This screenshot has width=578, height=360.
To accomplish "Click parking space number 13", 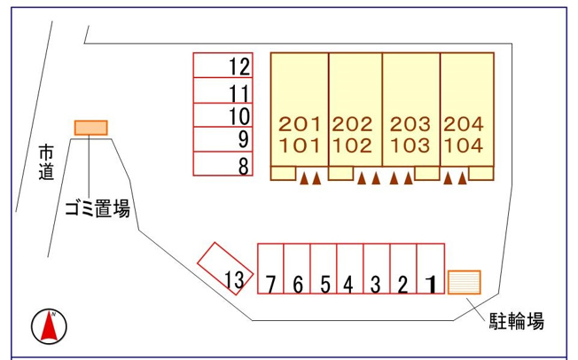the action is point(225,269).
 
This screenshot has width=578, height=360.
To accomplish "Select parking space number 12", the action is point(223,66).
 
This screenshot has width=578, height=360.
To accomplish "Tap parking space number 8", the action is point(223,163).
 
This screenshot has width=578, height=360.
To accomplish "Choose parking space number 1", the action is point(431,269).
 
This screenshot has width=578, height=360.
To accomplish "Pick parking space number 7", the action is point(270,269).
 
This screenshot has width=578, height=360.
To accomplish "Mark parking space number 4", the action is point(350,269).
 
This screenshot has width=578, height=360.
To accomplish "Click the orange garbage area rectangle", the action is point(91,128).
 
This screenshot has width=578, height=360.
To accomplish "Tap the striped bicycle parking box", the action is point(465,282).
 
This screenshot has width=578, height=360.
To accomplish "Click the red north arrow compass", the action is point(49,326).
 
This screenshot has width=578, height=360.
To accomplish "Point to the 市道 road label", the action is point(46,162).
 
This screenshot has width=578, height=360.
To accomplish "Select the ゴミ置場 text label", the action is point(98,208).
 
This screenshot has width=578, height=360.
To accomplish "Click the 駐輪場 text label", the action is point(517,321).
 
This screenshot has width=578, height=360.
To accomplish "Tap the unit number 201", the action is point(300,124).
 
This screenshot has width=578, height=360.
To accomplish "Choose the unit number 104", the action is point(464,145).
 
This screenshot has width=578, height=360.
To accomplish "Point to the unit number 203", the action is point(410,124).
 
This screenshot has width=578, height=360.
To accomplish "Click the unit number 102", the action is point(353,145).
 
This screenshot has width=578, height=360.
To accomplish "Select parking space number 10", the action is point(223,115).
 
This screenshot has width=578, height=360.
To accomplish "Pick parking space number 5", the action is point(324,269).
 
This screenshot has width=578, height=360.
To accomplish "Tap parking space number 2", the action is point(403,269).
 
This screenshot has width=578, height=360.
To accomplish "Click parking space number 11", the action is point(223,90).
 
